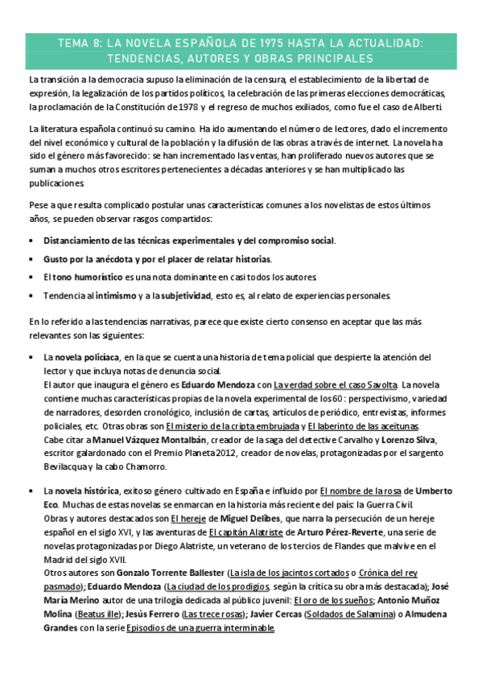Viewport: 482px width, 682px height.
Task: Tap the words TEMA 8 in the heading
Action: point(80,43)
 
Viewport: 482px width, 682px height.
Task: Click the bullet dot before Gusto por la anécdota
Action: point(31,259)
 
